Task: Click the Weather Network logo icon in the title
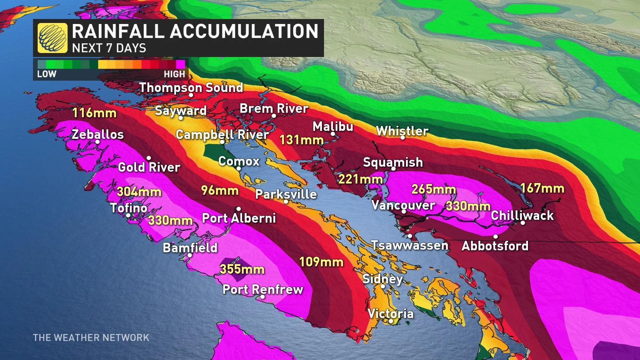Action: (52, 38)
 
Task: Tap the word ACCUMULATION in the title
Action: (244, 31)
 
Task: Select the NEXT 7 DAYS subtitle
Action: (109, 48)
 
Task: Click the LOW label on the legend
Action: (47, 74)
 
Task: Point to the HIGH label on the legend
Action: (174, 74)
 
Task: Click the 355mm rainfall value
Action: (242, 269)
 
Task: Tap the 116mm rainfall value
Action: (94, 113)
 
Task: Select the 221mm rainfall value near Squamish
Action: (360, 179)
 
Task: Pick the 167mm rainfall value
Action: (542, 188)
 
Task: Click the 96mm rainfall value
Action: (220, 190)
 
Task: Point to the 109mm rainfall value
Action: (321, 262)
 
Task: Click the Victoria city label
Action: (390, 314)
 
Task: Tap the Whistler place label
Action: (402, 131)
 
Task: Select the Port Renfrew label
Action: (263, 289)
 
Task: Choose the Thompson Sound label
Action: (191, 88)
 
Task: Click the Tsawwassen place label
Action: (410, 246)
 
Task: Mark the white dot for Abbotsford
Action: (496, 237)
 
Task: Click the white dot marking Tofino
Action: (128, 215)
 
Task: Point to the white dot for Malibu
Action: (333, 134)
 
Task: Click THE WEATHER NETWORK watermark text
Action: (91, 338)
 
